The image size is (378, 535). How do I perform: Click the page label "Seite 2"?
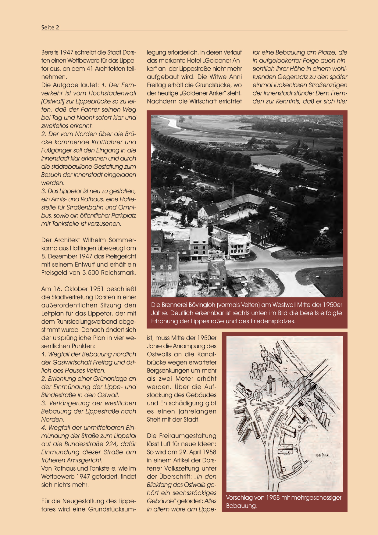[x=50, y=27]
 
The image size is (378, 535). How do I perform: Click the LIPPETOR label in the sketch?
[x=266, y=405]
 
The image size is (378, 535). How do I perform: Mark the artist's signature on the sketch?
[x=322, y=455]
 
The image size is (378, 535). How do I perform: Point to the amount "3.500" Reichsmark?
[x=91, y=273]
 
